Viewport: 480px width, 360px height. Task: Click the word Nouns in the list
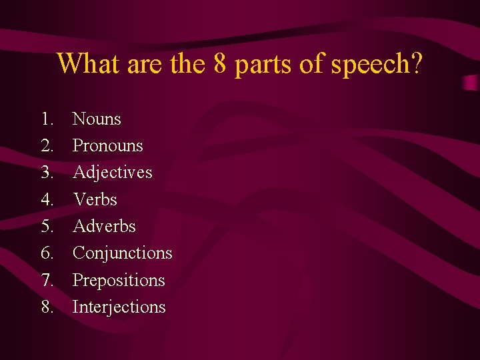click(x=97, y=119)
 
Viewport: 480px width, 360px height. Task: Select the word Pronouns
click(x=107, y=146)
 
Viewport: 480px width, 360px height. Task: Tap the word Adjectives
click(x=112, y=173)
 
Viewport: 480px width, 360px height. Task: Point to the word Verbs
click(x=95, y=199)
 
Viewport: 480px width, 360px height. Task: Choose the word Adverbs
click(x=104, y=226)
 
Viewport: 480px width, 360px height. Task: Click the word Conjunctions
click(x=122, y=253)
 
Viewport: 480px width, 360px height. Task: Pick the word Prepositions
click(x=118, y=280)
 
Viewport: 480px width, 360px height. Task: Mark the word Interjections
click(x=119, y=307)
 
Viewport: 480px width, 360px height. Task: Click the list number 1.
click(x=47, y=119)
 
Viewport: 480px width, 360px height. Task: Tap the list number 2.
click(x=47, y=146)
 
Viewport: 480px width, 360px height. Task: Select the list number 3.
click(x=47, y=173)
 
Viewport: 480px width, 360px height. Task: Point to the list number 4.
click(x=47, y=199)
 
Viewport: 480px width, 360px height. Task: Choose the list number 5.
click(x=47, y=226)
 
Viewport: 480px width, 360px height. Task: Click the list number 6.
click(x=47, y=253)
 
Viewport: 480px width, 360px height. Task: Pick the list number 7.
click(x=47, y=280)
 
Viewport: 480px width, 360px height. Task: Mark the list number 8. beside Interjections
click(x=47, y=307)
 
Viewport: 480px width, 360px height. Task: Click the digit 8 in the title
click(x=223, y=64)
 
